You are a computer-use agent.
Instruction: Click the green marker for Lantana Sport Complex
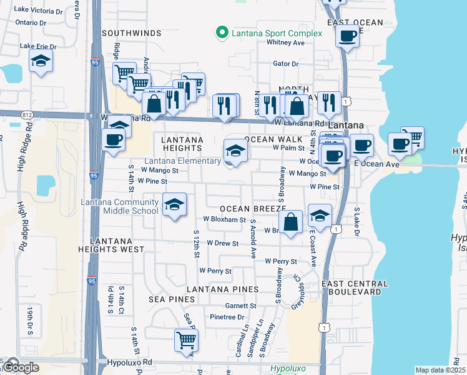(x=220, y=33)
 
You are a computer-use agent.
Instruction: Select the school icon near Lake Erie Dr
(x=41, y=61)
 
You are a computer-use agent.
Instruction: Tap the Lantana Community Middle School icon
(x=174, y=204)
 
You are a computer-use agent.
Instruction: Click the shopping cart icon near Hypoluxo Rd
(x=186, y=341)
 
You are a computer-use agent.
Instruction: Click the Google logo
(x=20, y=367)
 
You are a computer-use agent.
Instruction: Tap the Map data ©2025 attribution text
(x=440, y=370)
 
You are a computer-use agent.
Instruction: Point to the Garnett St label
(x=241, y=306)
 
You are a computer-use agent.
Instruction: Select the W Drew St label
(x=223, y=242)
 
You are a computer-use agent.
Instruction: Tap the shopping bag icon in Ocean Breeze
(x=290, y=222)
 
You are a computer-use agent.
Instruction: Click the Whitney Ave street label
(x=285, y=42)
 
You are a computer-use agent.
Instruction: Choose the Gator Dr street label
(x=287, y=64)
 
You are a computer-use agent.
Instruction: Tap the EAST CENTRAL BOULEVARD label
(x=352, y=287)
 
